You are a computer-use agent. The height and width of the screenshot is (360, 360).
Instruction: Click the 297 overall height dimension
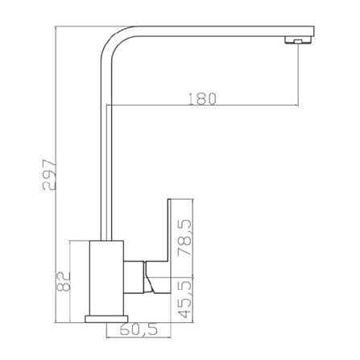point(49,176)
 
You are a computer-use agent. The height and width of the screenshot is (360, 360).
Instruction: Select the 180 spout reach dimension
point(202,98)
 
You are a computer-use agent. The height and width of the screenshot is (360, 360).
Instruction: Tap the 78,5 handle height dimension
point(186,238)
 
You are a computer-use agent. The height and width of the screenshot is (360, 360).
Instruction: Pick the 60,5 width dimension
point(139,329)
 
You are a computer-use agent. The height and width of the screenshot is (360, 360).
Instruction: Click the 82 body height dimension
point(64,281)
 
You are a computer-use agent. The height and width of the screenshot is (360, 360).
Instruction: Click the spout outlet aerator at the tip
point(298,40)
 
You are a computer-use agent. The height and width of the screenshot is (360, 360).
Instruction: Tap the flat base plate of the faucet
point(106,319)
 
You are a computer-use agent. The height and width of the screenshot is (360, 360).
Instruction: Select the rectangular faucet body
point(106,278)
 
